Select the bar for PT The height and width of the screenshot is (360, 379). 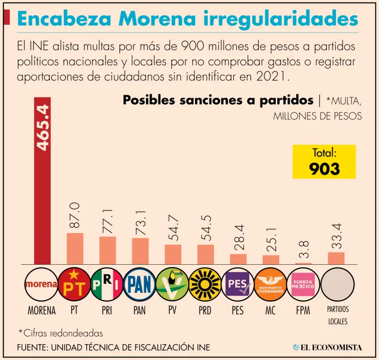pos(75,248)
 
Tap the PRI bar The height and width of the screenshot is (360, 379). pos(108,250)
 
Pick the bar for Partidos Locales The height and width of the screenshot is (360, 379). pos(336,258)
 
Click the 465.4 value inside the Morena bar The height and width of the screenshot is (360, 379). pos(42,127)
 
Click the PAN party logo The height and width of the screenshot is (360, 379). pos(140,284)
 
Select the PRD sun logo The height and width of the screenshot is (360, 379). pos(205,284)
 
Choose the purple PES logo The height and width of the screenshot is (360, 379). pos(238,284)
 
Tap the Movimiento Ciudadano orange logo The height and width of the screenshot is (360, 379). pos(271,284)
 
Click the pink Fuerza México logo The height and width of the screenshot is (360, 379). pos(304,284)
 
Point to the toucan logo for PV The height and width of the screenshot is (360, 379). pos(173,284)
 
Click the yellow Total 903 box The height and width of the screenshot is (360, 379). pos(324,161)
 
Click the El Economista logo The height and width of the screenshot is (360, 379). pos(327,347)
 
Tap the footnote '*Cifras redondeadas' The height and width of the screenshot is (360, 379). pos(61,332)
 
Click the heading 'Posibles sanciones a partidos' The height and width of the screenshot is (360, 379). pos(218,100)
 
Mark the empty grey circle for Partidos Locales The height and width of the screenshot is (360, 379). pos(337,284)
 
